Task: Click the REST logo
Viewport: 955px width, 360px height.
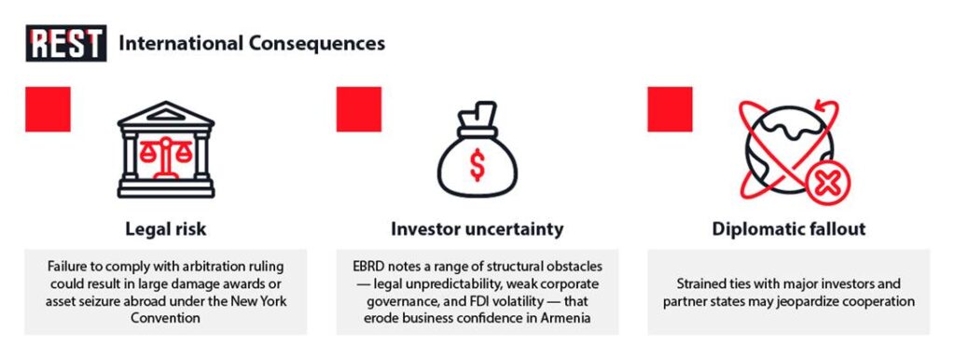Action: point(66,43)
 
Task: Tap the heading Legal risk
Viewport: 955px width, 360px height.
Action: point(166,229)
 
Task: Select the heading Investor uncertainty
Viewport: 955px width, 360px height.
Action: point(477,229)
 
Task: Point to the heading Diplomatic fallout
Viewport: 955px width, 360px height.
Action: point(789,229)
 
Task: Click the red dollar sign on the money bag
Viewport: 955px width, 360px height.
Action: point(477,166)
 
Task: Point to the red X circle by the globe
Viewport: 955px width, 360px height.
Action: point(826,184)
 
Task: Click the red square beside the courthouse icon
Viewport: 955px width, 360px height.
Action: point(48,109)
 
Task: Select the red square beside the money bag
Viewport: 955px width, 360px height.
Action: point(359,109)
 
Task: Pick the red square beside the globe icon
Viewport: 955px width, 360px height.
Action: point(670,109)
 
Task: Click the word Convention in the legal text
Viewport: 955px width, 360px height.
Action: point(166,318)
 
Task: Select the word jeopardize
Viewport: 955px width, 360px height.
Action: point(811,301)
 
